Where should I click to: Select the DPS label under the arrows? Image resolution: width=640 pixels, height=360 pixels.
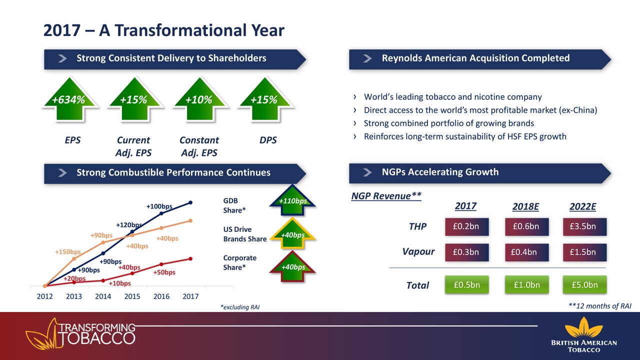click(x=268, y=140)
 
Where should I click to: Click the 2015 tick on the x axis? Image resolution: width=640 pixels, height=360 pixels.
click(x=132, y=296)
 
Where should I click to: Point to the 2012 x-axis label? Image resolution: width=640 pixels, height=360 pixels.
click(x=45, y=296)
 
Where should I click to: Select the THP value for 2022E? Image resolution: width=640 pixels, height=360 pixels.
click(x=584, y=226)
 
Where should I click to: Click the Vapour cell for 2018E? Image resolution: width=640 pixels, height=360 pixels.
click(x=527, y=252)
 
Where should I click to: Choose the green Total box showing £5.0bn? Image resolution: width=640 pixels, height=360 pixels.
click(x=584, y=285)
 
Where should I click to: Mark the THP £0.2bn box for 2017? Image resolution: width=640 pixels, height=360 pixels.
click(x=467, y=226)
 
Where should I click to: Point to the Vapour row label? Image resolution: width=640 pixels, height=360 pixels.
click(x=418, y=251)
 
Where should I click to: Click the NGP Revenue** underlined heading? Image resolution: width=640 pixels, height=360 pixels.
click(x=386, y=196)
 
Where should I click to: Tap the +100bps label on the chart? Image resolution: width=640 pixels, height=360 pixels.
click(x=159, y=206)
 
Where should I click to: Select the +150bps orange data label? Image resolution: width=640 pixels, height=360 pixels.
click(x=68, y=251)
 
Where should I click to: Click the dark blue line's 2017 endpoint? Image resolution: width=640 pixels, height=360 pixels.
click(x=190, y=202)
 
